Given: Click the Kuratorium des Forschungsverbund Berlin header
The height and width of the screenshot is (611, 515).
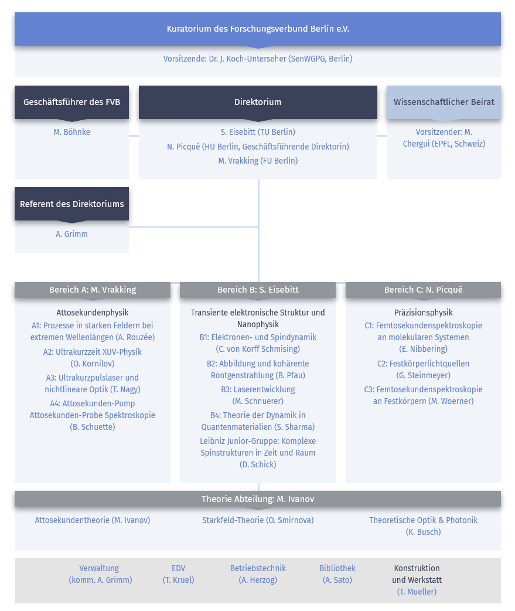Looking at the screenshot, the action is (258, 29).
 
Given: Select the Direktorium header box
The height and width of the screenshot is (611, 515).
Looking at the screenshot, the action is (258, 102).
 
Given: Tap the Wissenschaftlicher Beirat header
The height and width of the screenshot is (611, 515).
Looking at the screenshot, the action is (444, 102).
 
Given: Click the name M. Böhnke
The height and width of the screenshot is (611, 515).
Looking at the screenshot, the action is (71, 132).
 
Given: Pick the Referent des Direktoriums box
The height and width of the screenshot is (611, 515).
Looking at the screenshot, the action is (71, 204).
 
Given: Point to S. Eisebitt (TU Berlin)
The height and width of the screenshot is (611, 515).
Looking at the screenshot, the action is (258, 132).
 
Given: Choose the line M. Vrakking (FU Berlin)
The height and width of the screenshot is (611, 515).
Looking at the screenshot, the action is (258, 161).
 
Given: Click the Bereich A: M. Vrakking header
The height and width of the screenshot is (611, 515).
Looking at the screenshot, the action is (93, 290).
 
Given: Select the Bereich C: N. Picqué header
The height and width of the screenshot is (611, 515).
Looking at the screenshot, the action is (423, 290).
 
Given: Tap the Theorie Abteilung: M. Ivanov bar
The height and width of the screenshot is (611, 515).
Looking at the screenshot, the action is (258, 499).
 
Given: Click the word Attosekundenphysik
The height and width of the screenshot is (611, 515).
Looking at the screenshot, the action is (93, 313).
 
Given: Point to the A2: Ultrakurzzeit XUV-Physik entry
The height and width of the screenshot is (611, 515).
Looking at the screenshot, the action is (93, 358).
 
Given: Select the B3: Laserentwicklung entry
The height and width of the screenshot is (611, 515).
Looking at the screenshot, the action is (258, 395).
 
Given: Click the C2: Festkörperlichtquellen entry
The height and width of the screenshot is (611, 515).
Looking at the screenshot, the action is (423, 369).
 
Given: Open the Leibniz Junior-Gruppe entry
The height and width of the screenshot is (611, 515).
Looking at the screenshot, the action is (258, 453).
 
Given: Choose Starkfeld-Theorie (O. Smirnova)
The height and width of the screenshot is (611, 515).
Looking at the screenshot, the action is (258, 520).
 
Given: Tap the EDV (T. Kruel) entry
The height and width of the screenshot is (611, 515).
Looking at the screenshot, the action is (178, 574).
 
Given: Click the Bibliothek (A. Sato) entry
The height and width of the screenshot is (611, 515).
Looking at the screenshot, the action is (337, 574).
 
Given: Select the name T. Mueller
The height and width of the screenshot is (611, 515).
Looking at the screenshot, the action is (417, 592).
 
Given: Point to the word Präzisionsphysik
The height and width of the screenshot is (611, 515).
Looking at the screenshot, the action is (423, 313).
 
